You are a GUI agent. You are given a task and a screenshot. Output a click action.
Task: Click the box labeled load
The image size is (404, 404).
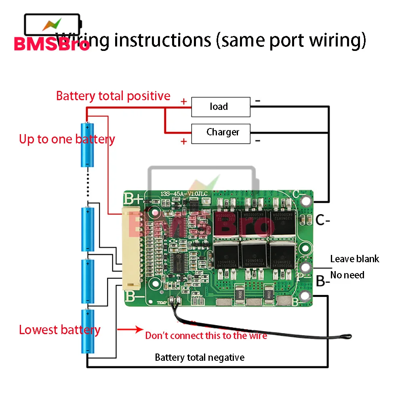pyautogui.click(x=221, y=107)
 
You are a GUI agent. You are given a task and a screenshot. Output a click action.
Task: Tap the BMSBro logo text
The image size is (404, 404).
pyautogui.click(x=52, y=44)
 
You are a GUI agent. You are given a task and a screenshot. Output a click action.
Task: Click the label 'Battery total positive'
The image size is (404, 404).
pyautogui.click(x=113, y=96)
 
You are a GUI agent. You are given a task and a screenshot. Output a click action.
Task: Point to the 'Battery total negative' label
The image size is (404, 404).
pyautogui.click(x=200, y=358)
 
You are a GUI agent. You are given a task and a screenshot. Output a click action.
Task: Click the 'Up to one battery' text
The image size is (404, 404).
pyautogui.click(x=67, y=139)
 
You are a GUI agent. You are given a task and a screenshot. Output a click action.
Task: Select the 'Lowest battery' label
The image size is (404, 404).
pyautogui.click(x=60, y=330)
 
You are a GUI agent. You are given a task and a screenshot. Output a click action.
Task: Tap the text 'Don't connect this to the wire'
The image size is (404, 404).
pyautogui.click(x=206, y=335)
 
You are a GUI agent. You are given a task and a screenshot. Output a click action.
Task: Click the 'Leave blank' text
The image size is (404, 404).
pyautogui.click(x=355, y=259)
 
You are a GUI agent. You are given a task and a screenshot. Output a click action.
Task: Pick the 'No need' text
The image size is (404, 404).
pyautogui.click(x=347, y=275)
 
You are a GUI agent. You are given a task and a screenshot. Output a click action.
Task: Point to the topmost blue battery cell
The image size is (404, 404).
pyautogui.click(x=87, y=145)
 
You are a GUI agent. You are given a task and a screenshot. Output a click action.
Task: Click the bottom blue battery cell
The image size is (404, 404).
pyautogui.click(x=87, y=331)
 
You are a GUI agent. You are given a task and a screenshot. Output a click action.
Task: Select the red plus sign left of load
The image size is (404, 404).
pyautogui.click(x=184, y=101)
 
